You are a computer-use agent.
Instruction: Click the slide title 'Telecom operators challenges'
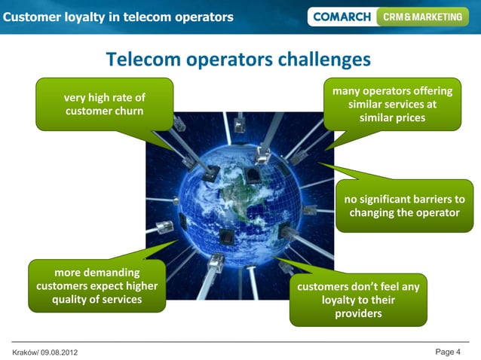pyautogui.click(x=238, y=59)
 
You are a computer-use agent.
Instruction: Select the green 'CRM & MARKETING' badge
pyautogui.click(x=422, y=17)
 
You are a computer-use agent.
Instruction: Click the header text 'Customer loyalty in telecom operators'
pyautogui.click(x=118, y=17)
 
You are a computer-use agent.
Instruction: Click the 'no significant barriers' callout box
pyautogui.click(x=404, y=206)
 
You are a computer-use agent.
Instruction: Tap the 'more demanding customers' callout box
pyautogui.click(x=97, y=285)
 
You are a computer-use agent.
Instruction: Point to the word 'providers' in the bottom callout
pyautogui.click(x=359, y=313)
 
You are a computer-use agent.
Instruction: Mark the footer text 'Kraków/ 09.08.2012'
pyautogui.click(x=44, y=352)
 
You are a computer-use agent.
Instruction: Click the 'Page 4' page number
pyautogui.click(x=448, y=352)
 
